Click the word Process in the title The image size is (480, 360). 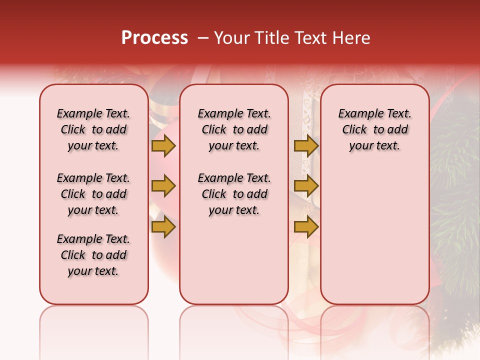pos(154,37)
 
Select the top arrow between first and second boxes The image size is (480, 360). pos(163,145)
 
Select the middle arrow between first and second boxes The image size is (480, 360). pos(163,186)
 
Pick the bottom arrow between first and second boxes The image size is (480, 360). pos(163,227)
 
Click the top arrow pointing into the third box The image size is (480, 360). pos(306,145)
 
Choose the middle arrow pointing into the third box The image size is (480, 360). pos(306,186)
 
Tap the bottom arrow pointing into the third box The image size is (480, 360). pos(306,227)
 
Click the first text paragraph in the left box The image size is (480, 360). pos(93,129)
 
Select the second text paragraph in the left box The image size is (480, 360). pos(93,194)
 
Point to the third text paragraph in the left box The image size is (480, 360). pos(93,255)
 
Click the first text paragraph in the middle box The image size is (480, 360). pos(234,129)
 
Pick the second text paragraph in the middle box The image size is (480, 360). pos(234,194)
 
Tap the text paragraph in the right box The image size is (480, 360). pos(374,129)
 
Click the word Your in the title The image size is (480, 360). pos(231,37)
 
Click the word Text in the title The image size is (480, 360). pos(311,37)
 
